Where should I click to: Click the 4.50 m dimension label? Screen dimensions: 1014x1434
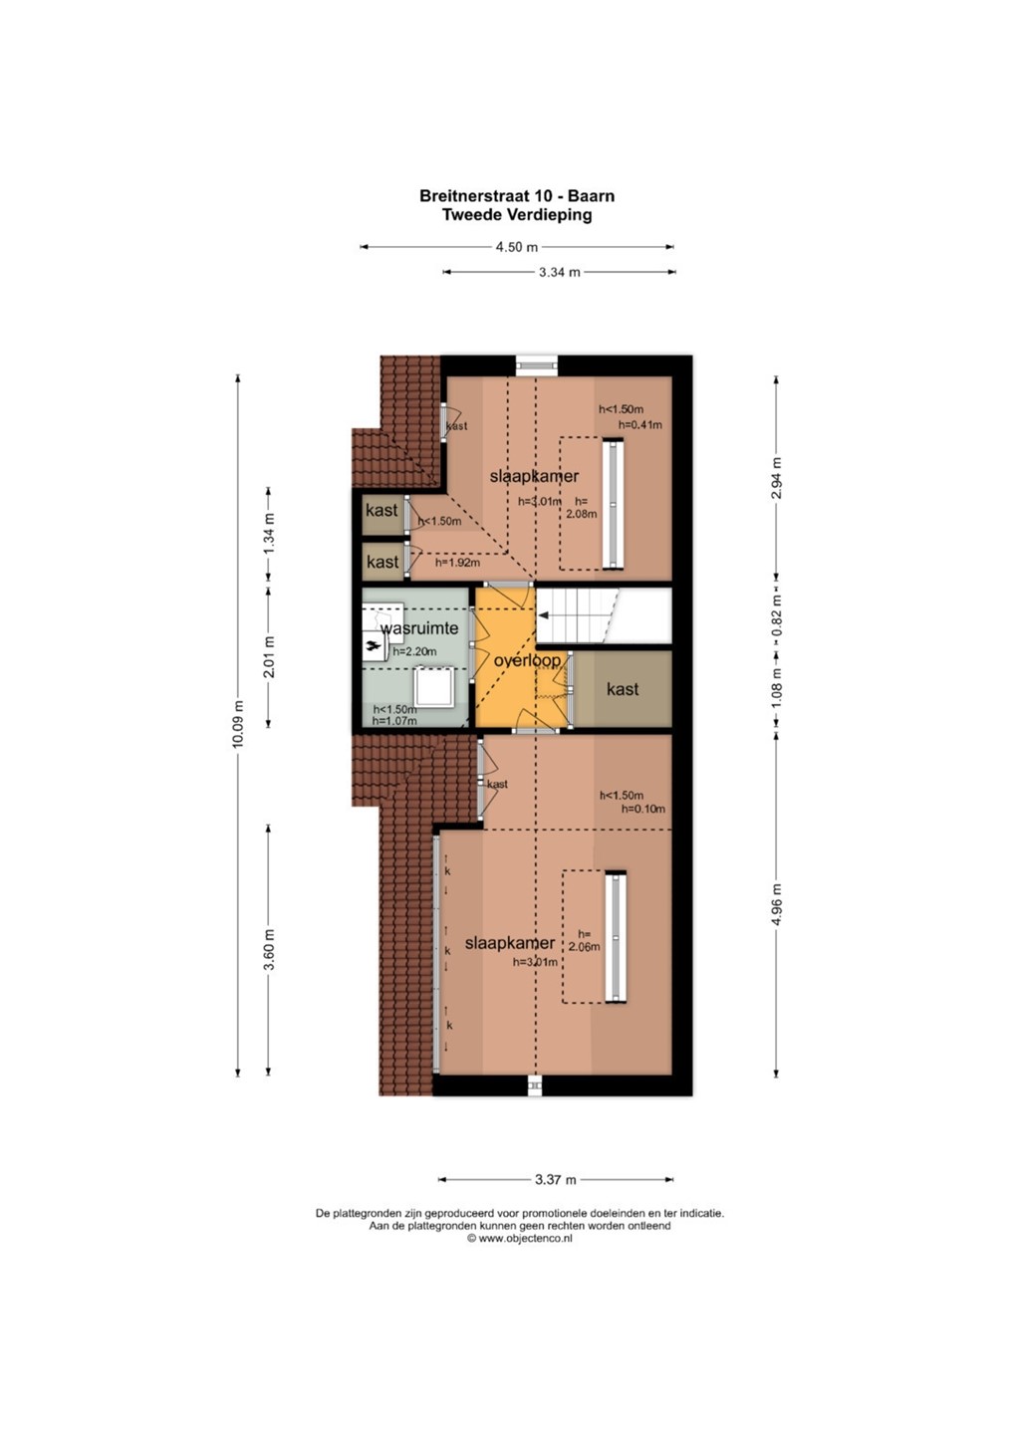point(517,247)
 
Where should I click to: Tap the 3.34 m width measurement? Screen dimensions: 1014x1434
point(560,272)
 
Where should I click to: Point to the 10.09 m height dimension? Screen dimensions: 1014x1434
point(238,723)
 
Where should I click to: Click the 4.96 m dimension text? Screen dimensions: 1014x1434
point(777,905)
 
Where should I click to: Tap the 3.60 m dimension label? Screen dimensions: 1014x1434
point(269,949)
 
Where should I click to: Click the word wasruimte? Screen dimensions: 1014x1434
point(419,628)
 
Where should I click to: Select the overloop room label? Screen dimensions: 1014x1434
point(527,660)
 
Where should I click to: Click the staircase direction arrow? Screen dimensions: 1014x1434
point(544,615)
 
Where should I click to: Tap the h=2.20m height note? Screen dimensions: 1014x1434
point(414,651)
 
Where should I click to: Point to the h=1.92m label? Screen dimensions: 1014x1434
point(458,563)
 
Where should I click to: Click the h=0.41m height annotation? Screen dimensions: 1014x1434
point(640,424)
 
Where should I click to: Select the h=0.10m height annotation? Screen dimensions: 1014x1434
point(643,809)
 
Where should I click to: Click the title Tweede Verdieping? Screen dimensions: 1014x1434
point(517,215)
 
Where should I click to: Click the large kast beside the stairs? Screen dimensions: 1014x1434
point(623,689)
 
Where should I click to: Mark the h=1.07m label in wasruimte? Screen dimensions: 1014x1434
point(394,721)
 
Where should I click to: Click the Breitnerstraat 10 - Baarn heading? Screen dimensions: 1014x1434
point(517,196)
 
